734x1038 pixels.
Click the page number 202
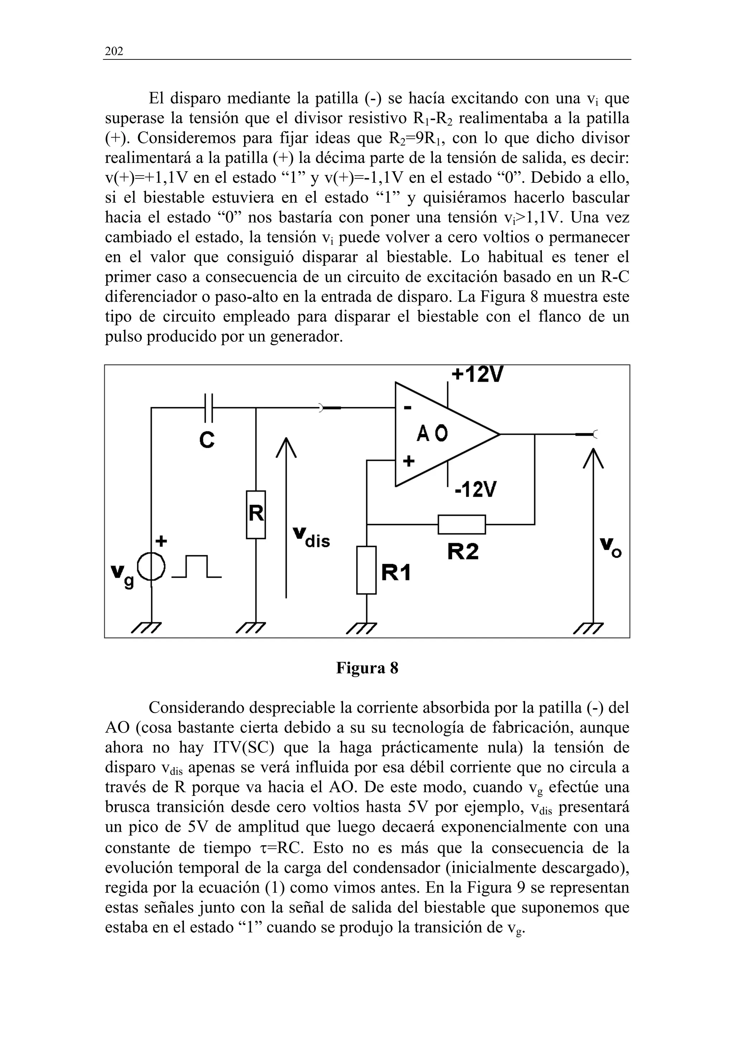(x=114, y=52)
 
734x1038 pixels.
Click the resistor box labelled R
(x=256, y=514)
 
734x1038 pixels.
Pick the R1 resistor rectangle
(x=366, y=570)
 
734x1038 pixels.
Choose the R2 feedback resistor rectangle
(x=462, y=524)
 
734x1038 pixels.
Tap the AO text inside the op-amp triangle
(x=432, y=434)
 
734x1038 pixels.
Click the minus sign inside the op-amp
(x=407, y=409)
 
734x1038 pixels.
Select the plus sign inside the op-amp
(x=408, y=461)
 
